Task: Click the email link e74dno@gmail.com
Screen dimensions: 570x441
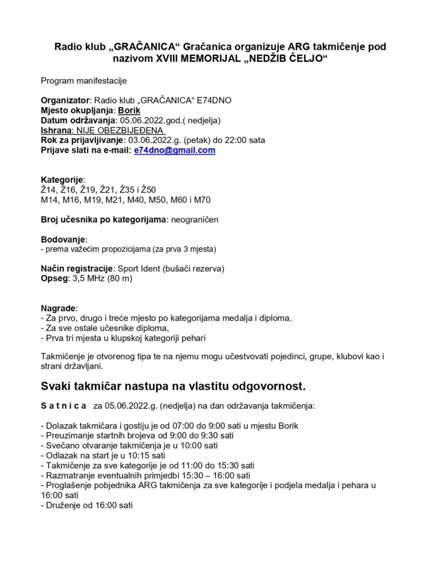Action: pos(175,150)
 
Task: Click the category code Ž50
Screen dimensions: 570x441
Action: pos(148,190)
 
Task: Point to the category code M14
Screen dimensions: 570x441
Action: pos(50,200)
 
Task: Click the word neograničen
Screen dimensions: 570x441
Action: pos(195,220)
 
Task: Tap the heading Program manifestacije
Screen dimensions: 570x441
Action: pos(84,81)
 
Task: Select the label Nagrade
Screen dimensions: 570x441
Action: pos(59,308)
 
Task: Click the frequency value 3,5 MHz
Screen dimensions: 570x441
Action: pos(86,278)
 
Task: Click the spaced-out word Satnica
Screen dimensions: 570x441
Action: pos(64,406)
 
